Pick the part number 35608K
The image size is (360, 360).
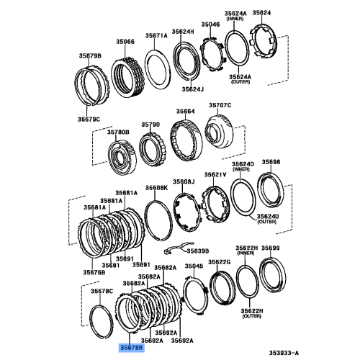click(155, 188)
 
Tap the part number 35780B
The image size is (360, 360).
click(117, 132)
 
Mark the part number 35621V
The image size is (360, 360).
click(215, 175)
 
